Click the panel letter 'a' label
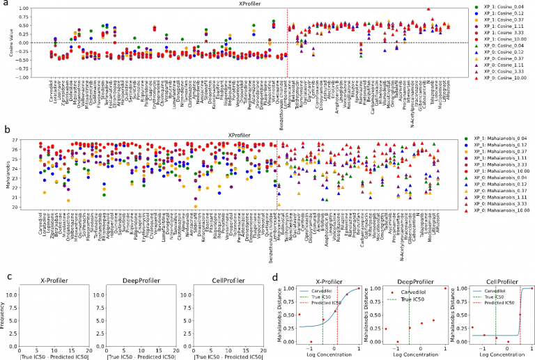[x=4, y=4]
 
